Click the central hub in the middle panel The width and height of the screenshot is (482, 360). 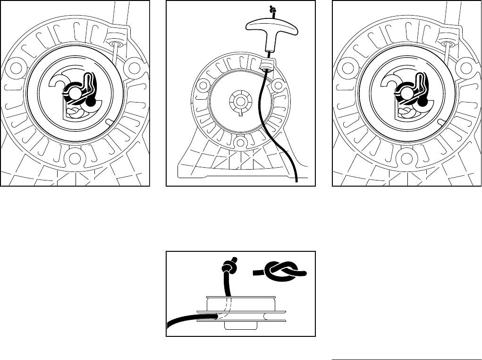(x=240, y=101)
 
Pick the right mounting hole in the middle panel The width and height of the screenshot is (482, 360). (x=279, y=86)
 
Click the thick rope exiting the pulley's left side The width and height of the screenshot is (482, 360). (x=189, y=320)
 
